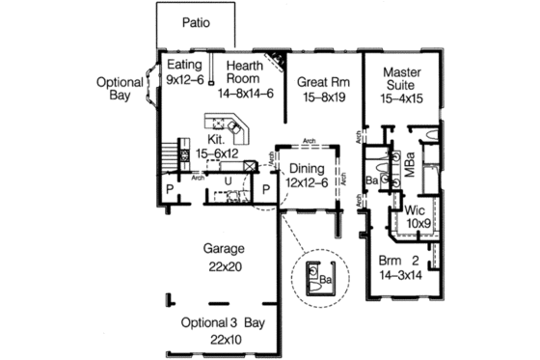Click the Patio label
(x=194, y=20)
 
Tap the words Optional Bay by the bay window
(x=120, y=91)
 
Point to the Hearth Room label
(x=246, y=75)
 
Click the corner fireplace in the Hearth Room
(x=278, y=59)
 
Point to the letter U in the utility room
(x=228, y=180)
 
